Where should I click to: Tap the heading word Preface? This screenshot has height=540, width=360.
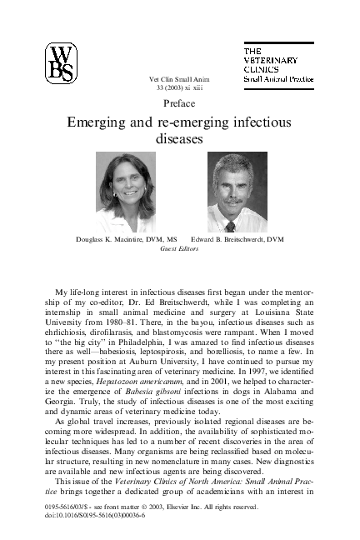click(179, 103)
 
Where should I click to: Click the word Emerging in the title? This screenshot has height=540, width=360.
click(100, 122)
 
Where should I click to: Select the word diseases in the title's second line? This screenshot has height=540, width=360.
click(179, 139)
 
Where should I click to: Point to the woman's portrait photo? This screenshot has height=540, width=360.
click(125, 192)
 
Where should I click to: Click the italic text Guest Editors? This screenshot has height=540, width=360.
click(179, 248)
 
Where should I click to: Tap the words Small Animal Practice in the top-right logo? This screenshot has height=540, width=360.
click(277, 78)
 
